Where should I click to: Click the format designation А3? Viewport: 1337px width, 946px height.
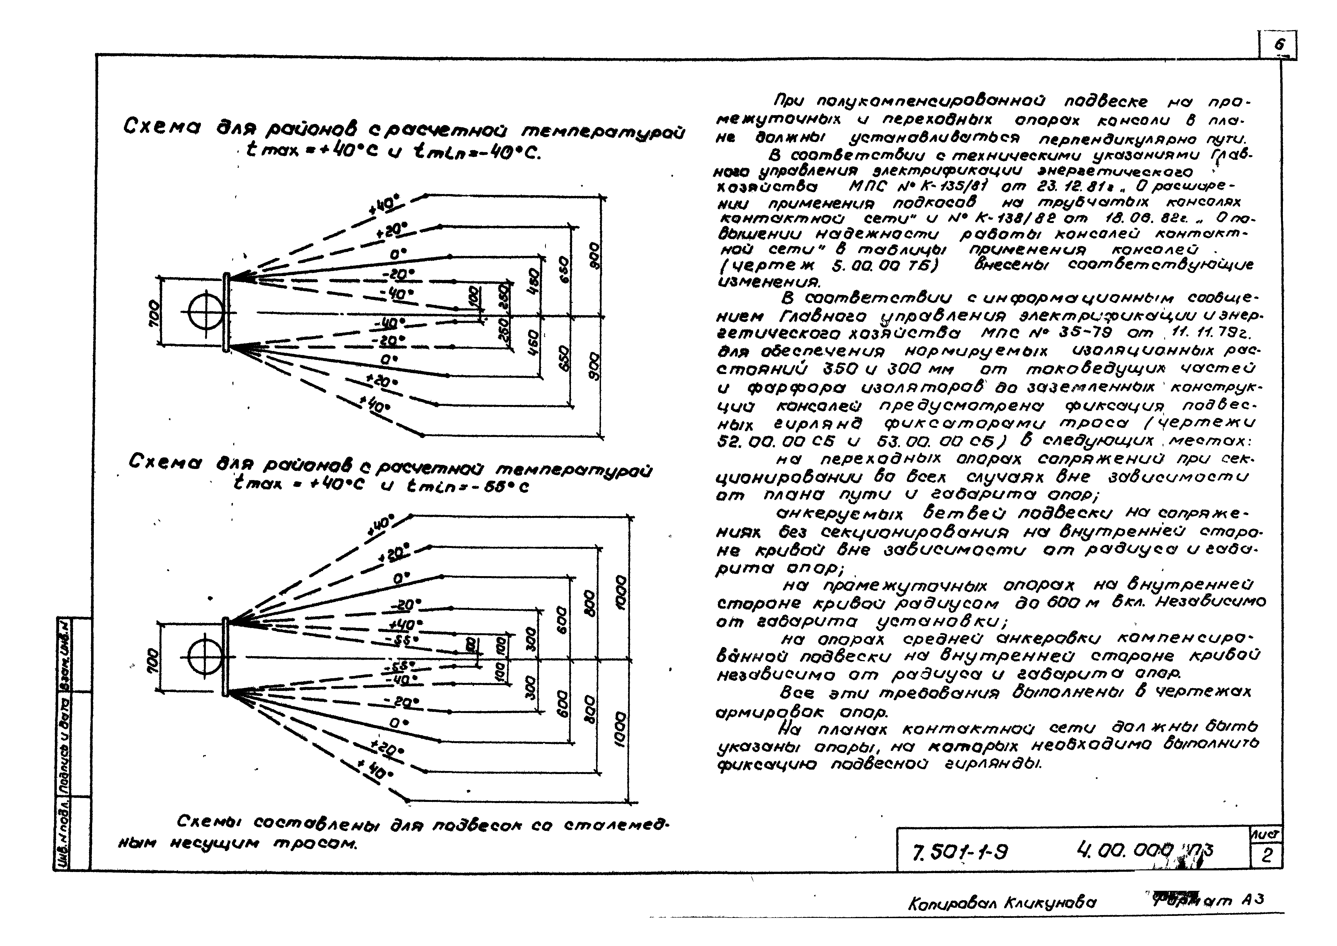point(1252,900)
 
